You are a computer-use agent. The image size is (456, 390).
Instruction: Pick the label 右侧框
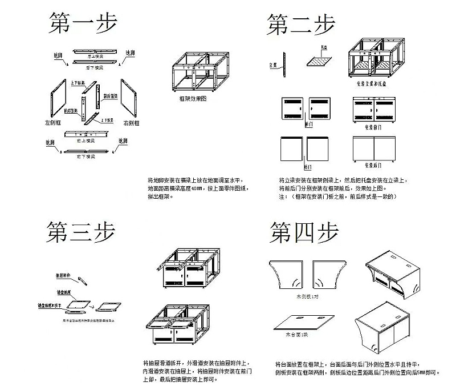click(132, 122)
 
